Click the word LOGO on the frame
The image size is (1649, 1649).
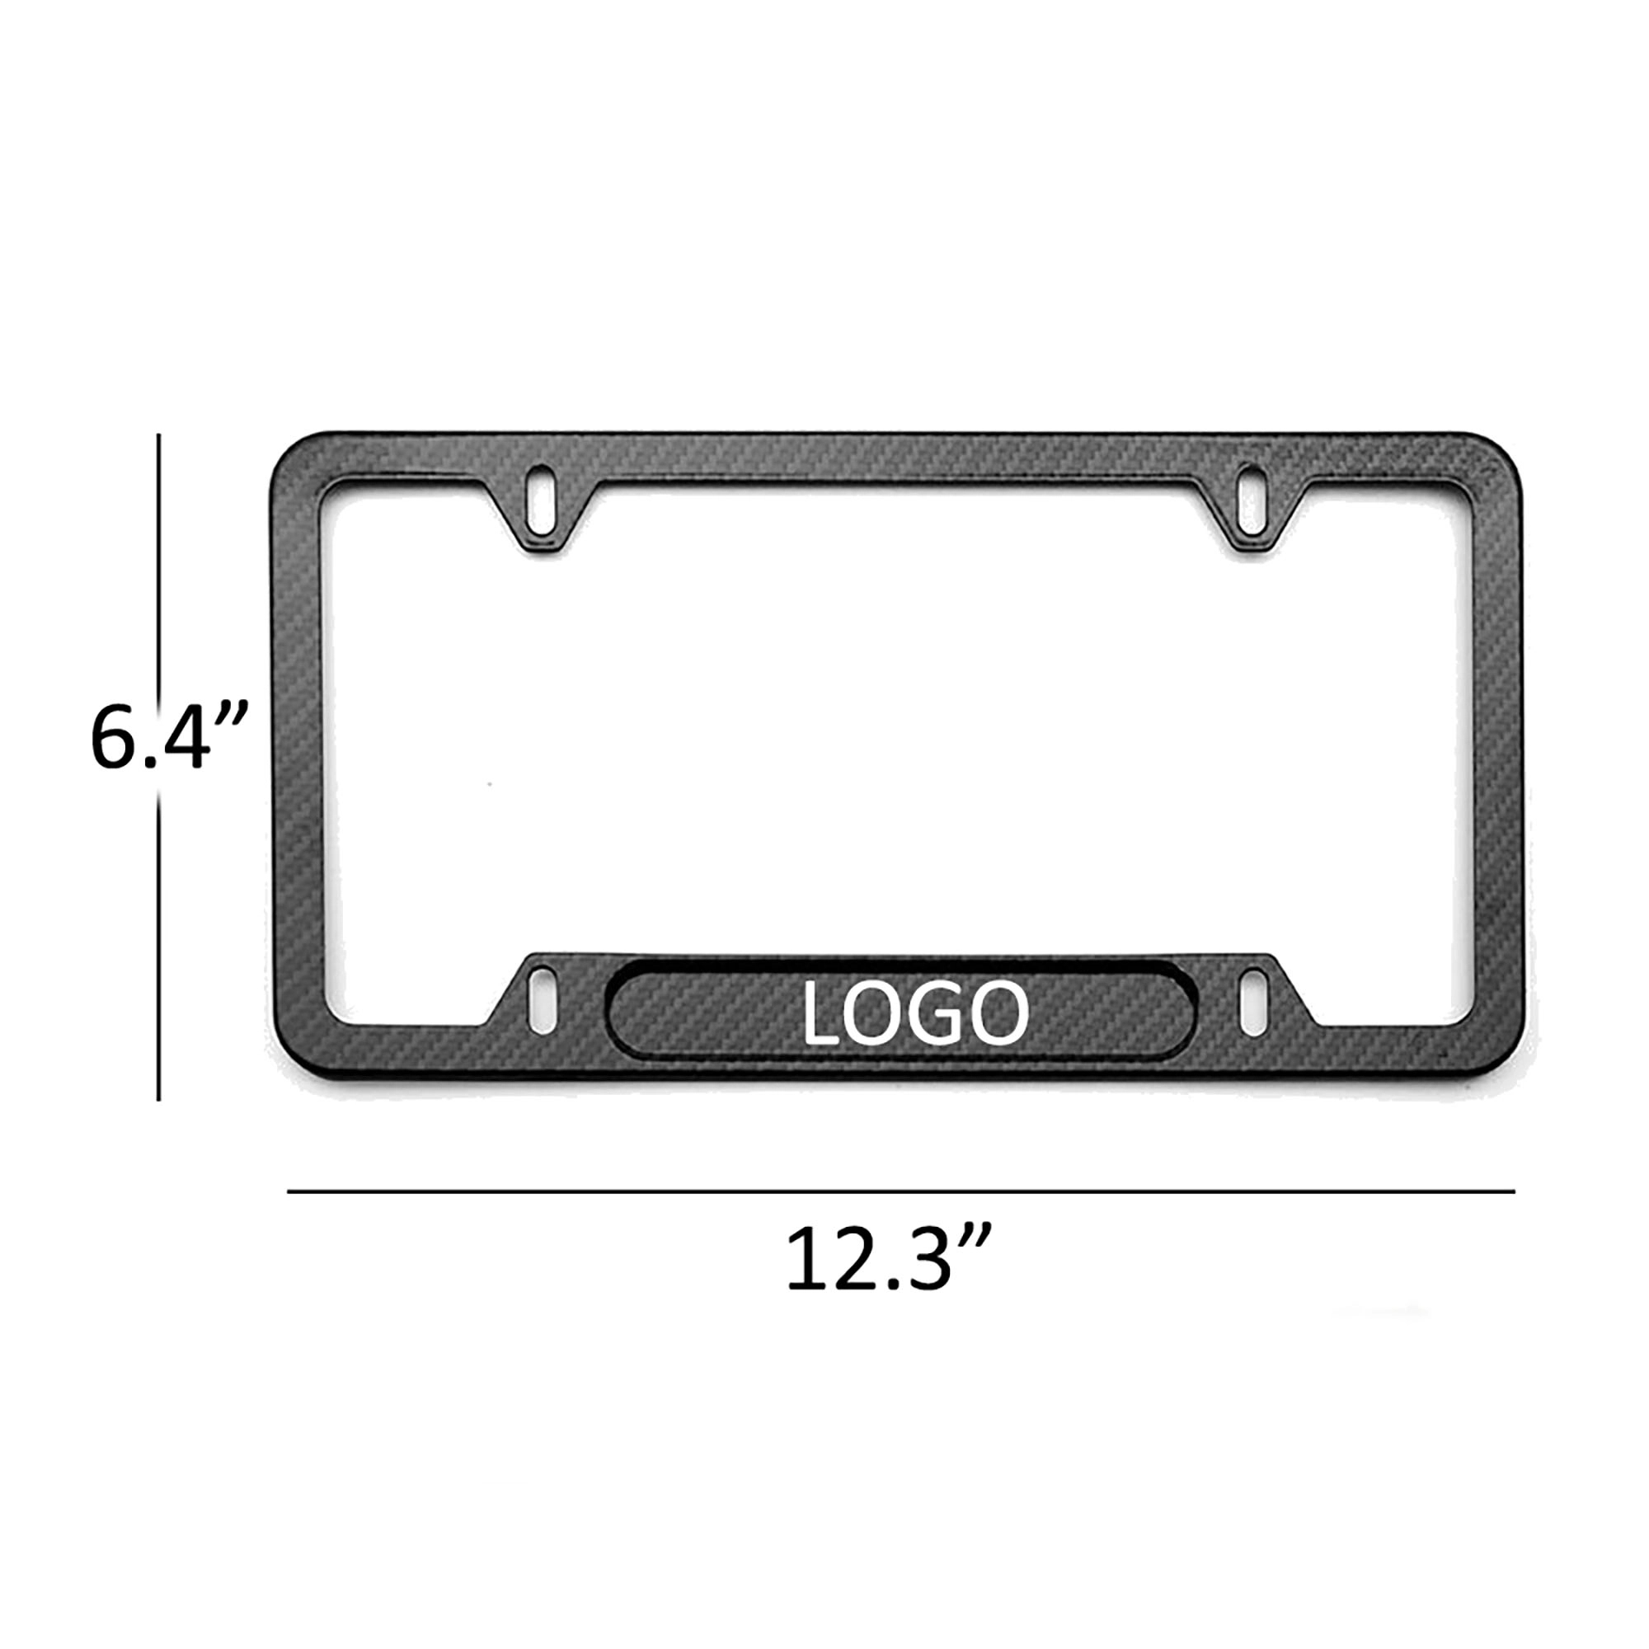[x=915, y=1014]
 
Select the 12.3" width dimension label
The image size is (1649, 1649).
[x=888, y=1261]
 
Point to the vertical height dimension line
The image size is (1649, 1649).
[x=159, y=939]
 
